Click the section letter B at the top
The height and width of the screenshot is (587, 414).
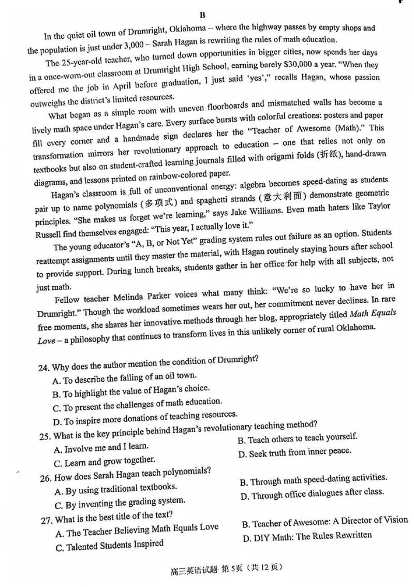point(203,15)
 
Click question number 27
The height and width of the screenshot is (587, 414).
point(44,516)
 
